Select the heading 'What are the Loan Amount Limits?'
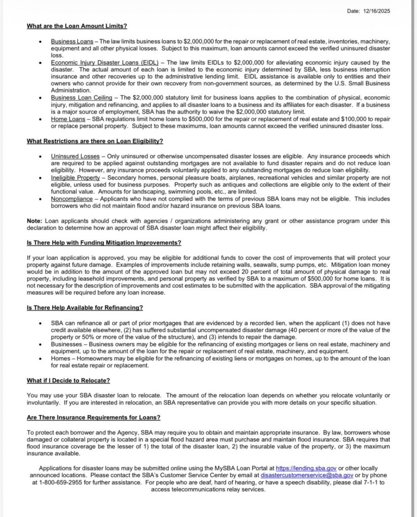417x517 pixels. click(x=77, y=26)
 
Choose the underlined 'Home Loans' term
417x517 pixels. click(x=67, y=118)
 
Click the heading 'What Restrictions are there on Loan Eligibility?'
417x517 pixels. click(x=95, y=141)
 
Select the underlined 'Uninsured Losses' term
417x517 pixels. click(x=75, y=156)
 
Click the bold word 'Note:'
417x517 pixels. click(x=35, y=221)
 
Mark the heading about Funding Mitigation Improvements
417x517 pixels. click(x=104, y=242)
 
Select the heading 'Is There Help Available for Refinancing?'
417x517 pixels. click(x=85, y=307)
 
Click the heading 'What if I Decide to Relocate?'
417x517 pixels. click(x=68, y=380)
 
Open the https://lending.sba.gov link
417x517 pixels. click(x=306, y=469)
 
